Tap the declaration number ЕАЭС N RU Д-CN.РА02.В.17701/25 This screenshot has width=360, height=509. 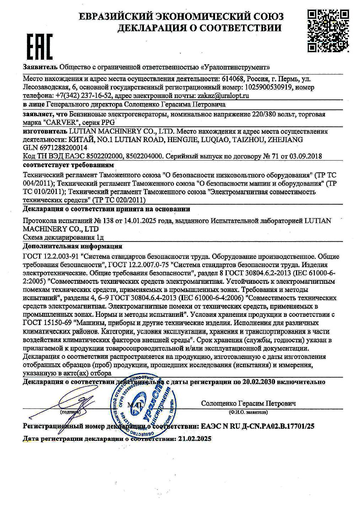[257, 426]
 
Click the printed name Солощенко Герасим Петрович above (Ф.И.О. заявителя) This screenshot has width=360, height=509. [248, 404]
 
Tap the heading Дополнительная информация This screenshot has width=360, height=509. [72, 246]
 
